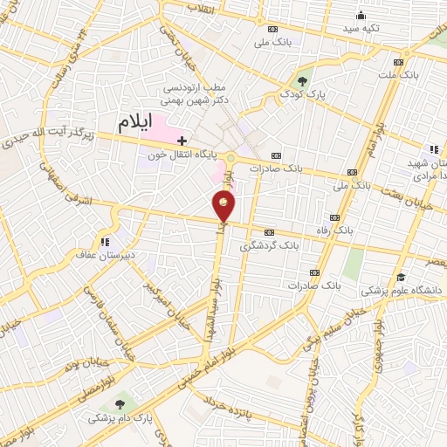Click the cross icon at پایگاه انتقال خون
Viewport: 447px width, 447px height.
(x=182, y=140)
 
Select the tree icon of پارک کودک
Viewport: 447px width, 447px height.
(x=302, y=80)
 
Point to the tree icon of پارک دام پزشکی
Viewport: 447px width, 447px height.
(x=120, y=404)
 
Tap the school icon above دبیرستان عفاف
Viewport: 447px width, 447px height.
(x=106, y=241)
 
